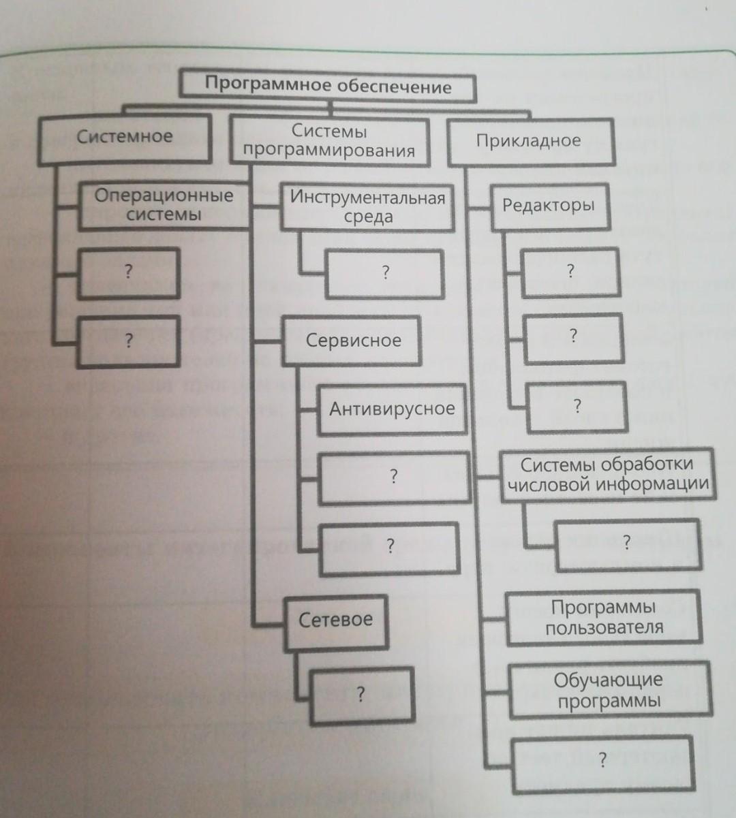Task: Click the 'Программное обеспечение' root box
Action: pyautogui.click(x=328, y=86)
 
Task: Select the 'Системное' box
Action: pyautogui.click(x=124, y=138)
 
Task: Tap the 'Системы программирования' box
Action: pyautogui.click(x=329, y=141)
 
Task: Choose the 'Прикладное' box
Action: pyautogui.click(x=529, y=142)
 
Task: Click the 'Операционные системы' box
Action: pyautogui.click(x=164, y=205)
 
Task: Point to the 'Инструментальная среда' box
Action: pyautogui.click(x=367, y=207)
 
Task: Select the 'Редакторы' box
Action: pyautogui.click(x=548, y=205)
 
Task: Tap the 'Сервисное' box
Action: pyautogui.click(x=352, y=341)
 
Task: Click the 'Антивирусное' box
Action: pyautogui.click(x=391, y=409)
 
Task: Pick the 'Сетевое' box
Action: pyautogui.click(x=336, y=620)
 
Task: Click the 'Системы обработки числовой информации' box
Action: pyautogui.click(x=607, y=474)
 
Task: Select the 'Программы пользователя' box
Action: pyautogui.click(x=604, y=618)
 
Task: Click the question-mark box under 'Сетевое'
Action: pyautogui.click(x=361, y=695)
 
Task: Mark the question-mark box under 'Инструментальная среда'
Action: pyautogui.click(x=384, y=274)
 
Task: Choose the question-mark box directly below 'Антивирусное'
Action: pyautogui.click(x=393, y=477)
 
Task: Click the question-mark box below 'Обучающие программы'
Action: pyautogui.click(x=602, y=761)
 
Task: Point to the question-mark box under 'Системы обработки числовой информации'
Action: pyautogui.click(x=626, y=543)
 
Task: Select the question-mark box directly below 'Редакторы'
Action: pyautogui.click(x=570, y=272)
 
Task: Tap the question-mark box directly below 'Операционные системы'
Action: pyautogui.click(x=128, y=272)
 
